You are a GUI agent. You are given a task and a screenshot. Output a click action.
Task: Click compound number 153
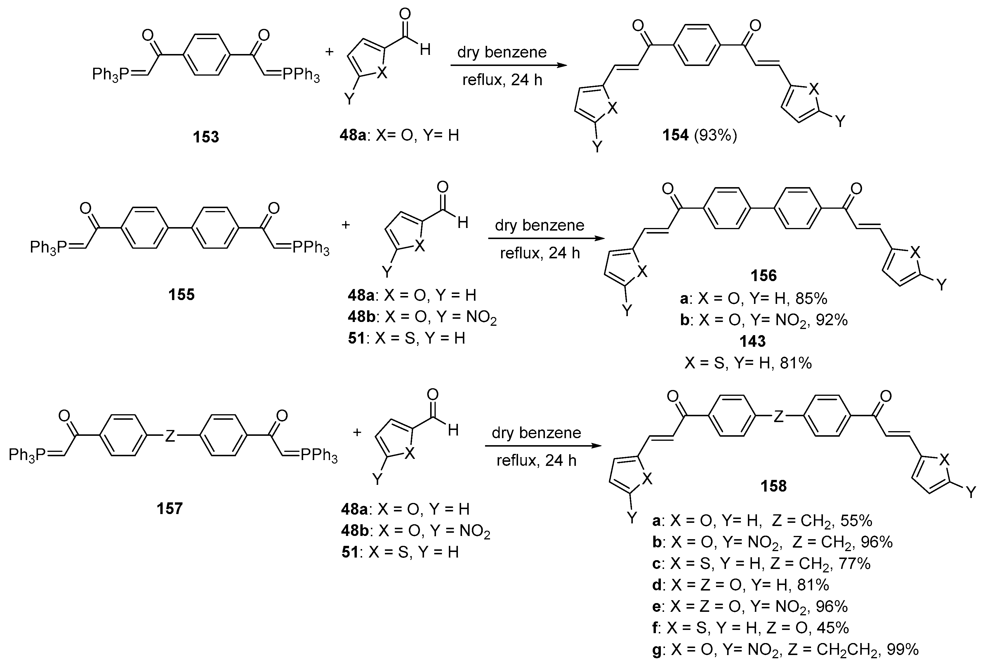pos(206,137)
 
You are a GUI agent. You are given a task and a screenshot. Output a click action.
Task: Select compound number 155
pos(181,294)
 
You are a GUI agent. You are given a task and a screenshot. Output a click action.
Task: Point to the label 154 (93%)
pos(699,135)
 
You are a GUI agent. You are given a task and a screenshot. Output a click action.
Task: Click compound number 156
pos(763,276)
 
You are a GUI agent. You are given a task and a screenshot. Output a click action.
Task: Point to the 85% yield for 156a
pos(811,299)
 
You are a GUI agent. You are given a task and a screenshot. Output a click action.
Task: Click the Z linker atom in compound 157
pos(170,436)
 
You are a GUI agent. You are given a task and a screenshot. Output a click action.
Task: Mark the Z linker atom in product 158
pos(779,417)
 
